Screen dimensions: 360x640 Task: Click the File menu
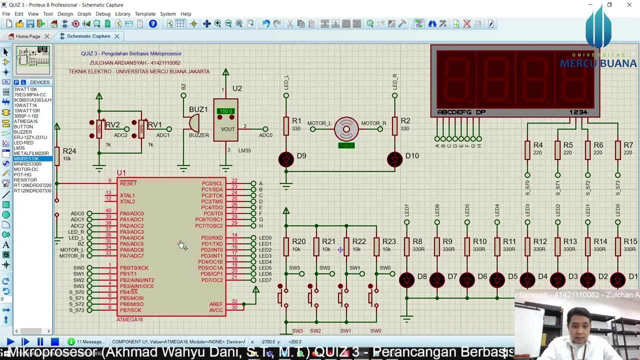click(6, 14)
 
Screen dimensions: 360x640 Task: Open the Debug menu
click(102, 14)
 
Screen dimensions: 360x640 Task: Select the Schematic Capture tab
click(88, 36)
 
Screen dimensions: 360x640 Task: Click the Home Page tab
click(27, 36)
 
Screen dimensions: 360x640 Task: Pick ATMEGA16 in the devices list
click(25, 121)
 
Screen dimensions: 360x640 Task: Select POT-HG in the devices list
click(22, 175)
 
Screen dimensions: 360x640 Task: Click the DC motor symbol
click(346, 129)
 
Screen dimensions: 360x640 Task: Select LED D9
click(286, 159)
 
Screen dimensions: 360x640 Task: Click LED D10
click(394, 159)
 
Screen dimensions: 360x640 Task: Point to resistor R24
click(57, 155)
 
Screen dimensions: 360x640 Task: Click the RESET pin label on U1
click(128, 183)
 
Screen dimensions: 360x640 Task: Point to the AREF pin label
click(216, 304)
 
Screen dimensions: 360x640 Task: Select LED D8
click(407, 280)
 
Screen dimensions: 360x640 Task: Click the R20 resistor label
click(298, 241)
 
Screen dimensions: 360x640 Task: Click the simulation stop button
click(54, 342)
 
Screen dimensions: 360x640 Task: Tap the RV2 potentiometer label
click(112, 125)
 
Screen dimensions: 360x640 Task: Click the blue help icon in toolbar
click(153, 24)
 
